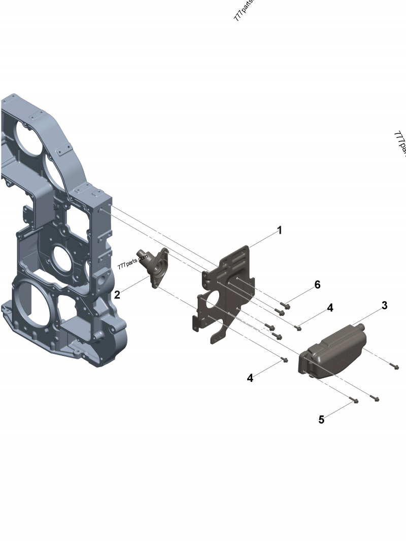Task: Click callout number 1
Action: [x=279, y=230]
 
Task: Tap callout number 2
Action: [x=117, y=295]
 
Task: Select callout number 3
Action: [x=384, y=305]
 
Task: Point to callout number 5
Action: [x=321, y=420]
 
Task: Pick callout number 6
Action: [x=317, y=284]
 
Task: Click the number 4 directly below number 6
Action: [x=330, y=308]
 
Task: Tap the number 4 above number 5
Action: [x=250, y=378]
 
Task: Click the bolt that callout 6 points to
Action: [x=285, y=305]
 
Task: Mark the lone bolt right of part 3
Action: [x=395, y=366]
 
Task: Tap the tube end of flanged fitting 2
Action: [x=142, y=253]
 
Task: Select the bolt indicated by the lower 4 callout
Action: [x=285, y=360]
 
